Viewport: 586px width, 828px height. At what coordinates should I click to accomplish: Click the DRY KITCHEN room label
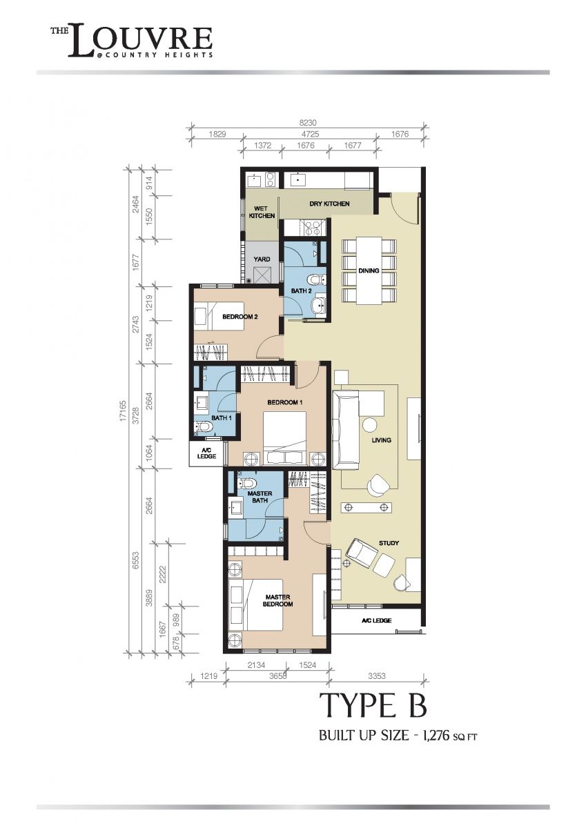(x=329, y=204)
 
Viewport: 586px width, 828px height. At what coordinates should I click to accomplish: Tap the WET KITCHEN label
(x=262, y=213)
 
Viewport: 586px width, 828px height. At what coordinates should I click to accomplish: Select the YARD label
(x=262, y=259)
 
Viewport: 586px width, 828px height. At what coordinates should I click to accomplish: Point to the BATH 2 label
(x=301, y=291)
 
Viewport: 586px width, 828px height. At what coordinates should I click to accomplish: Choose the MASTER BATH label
(x=260, y=497)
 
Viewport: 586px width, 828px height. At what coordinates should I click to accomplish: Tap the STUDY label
(x=389, y=543)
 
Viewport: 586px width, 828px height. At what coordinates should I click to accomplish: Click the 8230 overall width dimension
(x=308, y=123)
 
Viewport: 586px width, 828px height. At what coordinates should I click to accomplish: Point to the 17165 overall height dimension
(x=123, y=413)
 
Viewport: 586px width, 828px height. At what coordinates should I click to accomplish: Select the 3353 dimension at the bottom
(x=377, y=676)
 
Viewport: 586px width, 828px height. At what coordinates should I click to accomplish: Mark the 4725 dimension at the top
(x=310, y=134)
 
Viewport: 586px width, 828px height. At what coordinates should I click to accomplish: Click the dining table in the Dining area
(x=369, y=271)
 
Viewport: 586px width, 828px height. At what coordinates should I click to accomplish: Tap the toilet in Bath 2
(x=317, y=281)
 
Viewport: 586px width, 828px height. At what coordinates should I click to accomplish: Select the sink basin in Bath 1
(x=202, y=402)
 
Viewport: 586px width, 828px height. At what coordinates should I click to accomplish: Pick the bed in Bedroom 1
(x=284, y=438)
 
